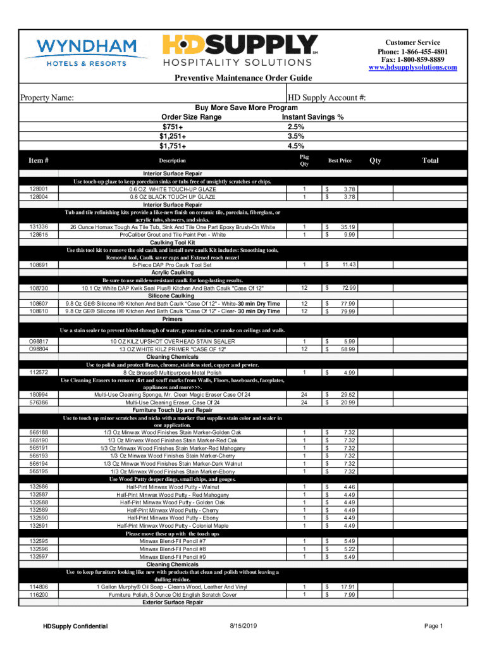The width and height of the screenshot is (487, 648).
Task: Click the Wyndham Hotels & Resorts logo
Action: point(89,52)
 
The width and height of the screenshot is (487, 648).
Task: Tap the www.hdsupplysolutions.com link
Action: point(412,67)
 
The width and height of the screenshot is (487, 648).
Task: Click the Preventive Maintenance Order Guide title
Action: point(244,78)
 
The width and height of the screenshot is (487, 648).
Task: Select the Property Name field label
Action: point(48,98)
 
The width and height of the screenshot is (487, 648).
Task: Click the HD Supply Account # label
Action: point(327,98)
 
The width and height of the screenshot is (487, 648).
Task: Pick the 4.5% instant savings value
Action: point(296,145)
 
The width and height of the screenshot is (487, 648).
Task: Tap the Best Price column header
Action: point(340,161)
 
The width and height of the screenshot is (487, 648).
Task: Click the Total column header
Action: point(430,161)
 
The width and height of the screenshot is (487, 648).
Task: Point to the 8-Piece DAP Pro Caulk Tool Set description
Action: point(173,265)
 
